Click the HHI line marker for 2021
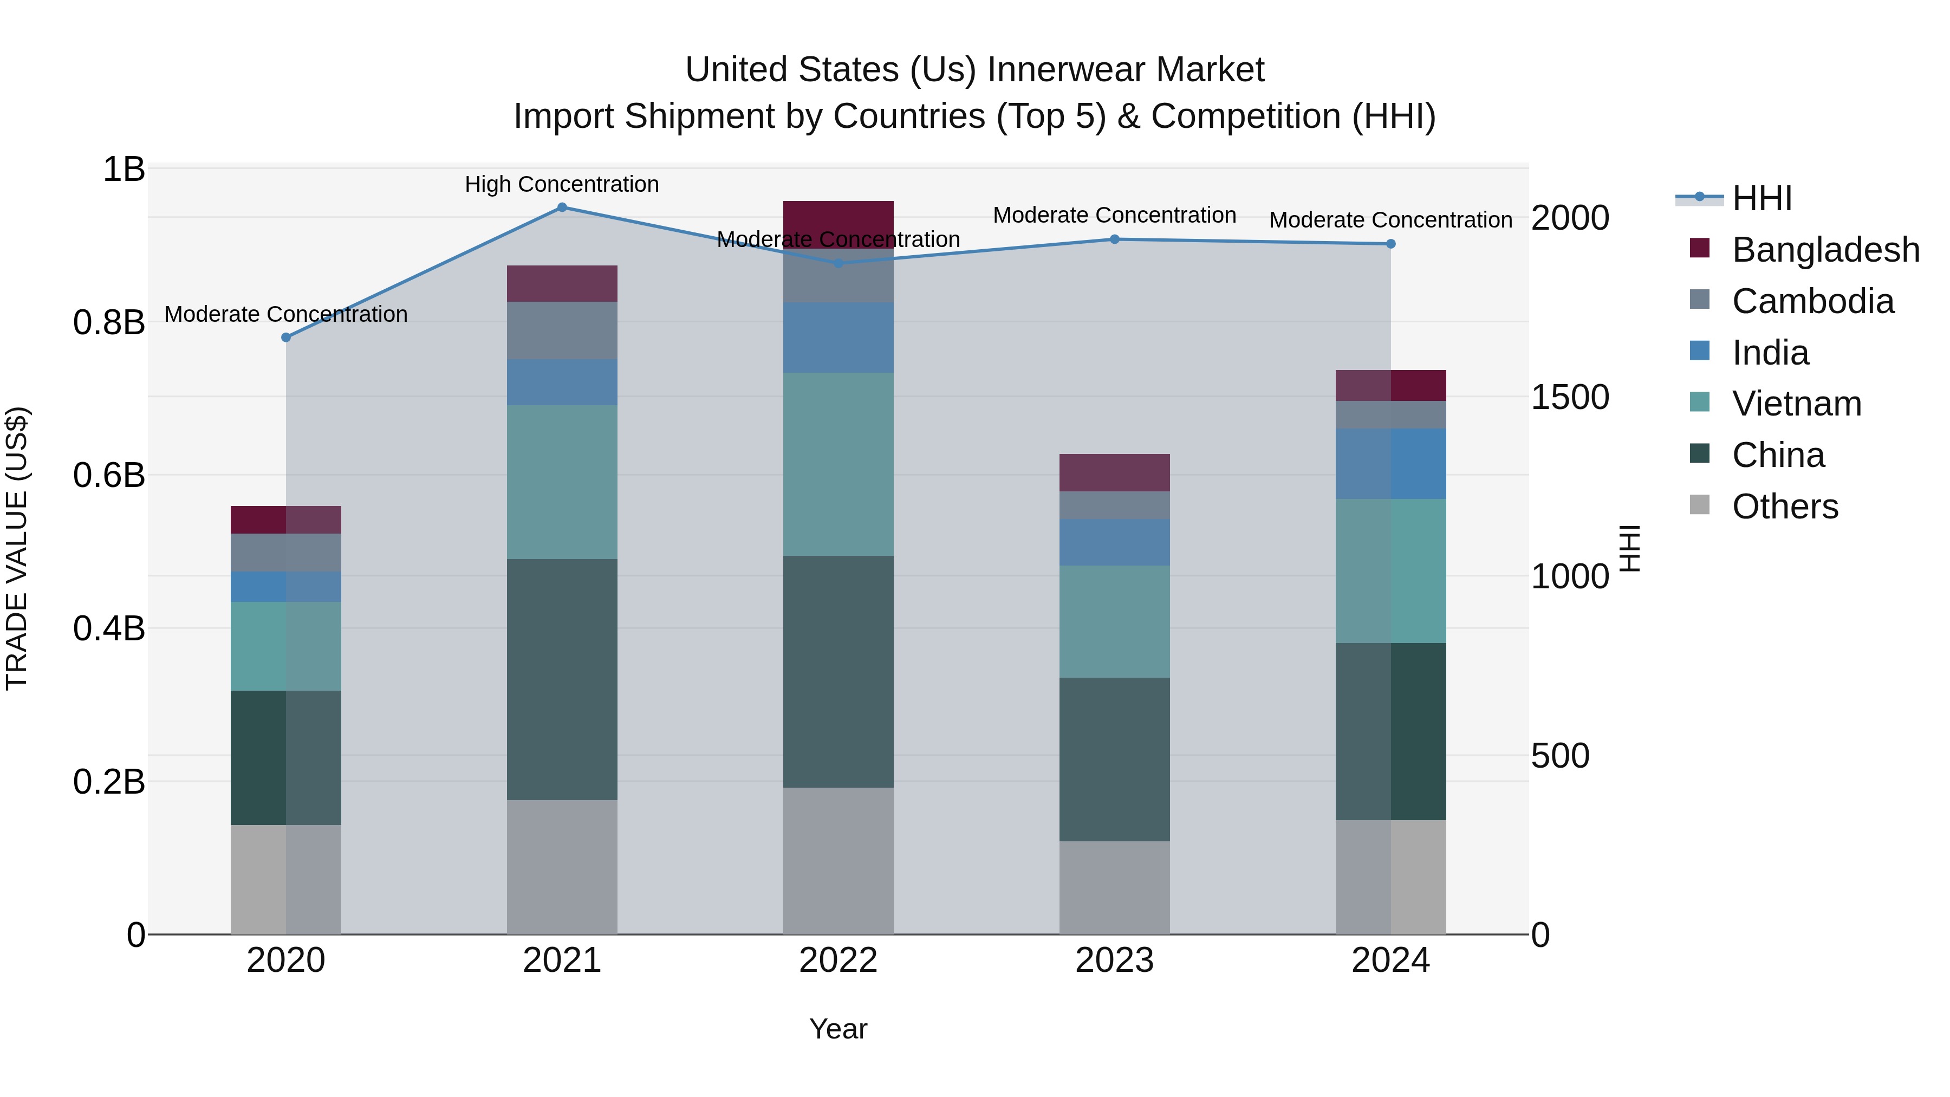coord(562,207)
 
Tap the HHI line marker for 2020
coord(286,337)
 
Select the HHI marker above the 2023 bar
coord(1114,239)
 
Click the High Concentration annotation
coord(562,185)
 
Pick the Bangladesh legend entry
coord(1825,250)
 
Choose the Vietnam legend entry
coord(1796,404)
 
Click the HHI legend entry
coord(1761,198)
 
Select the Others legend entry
coord(1784,507)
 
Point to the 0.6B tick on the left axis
coord(109,476)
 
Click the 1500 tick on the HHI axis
coord(1569,398)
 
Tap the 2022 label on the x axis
coord(838,960)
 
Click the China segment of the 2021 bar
coord(562,679)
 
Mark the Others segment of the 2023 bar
coord(1114,887)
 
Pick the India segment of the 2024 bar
coord(1390,463)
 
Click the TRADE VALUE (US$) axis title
coord(17,548)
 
